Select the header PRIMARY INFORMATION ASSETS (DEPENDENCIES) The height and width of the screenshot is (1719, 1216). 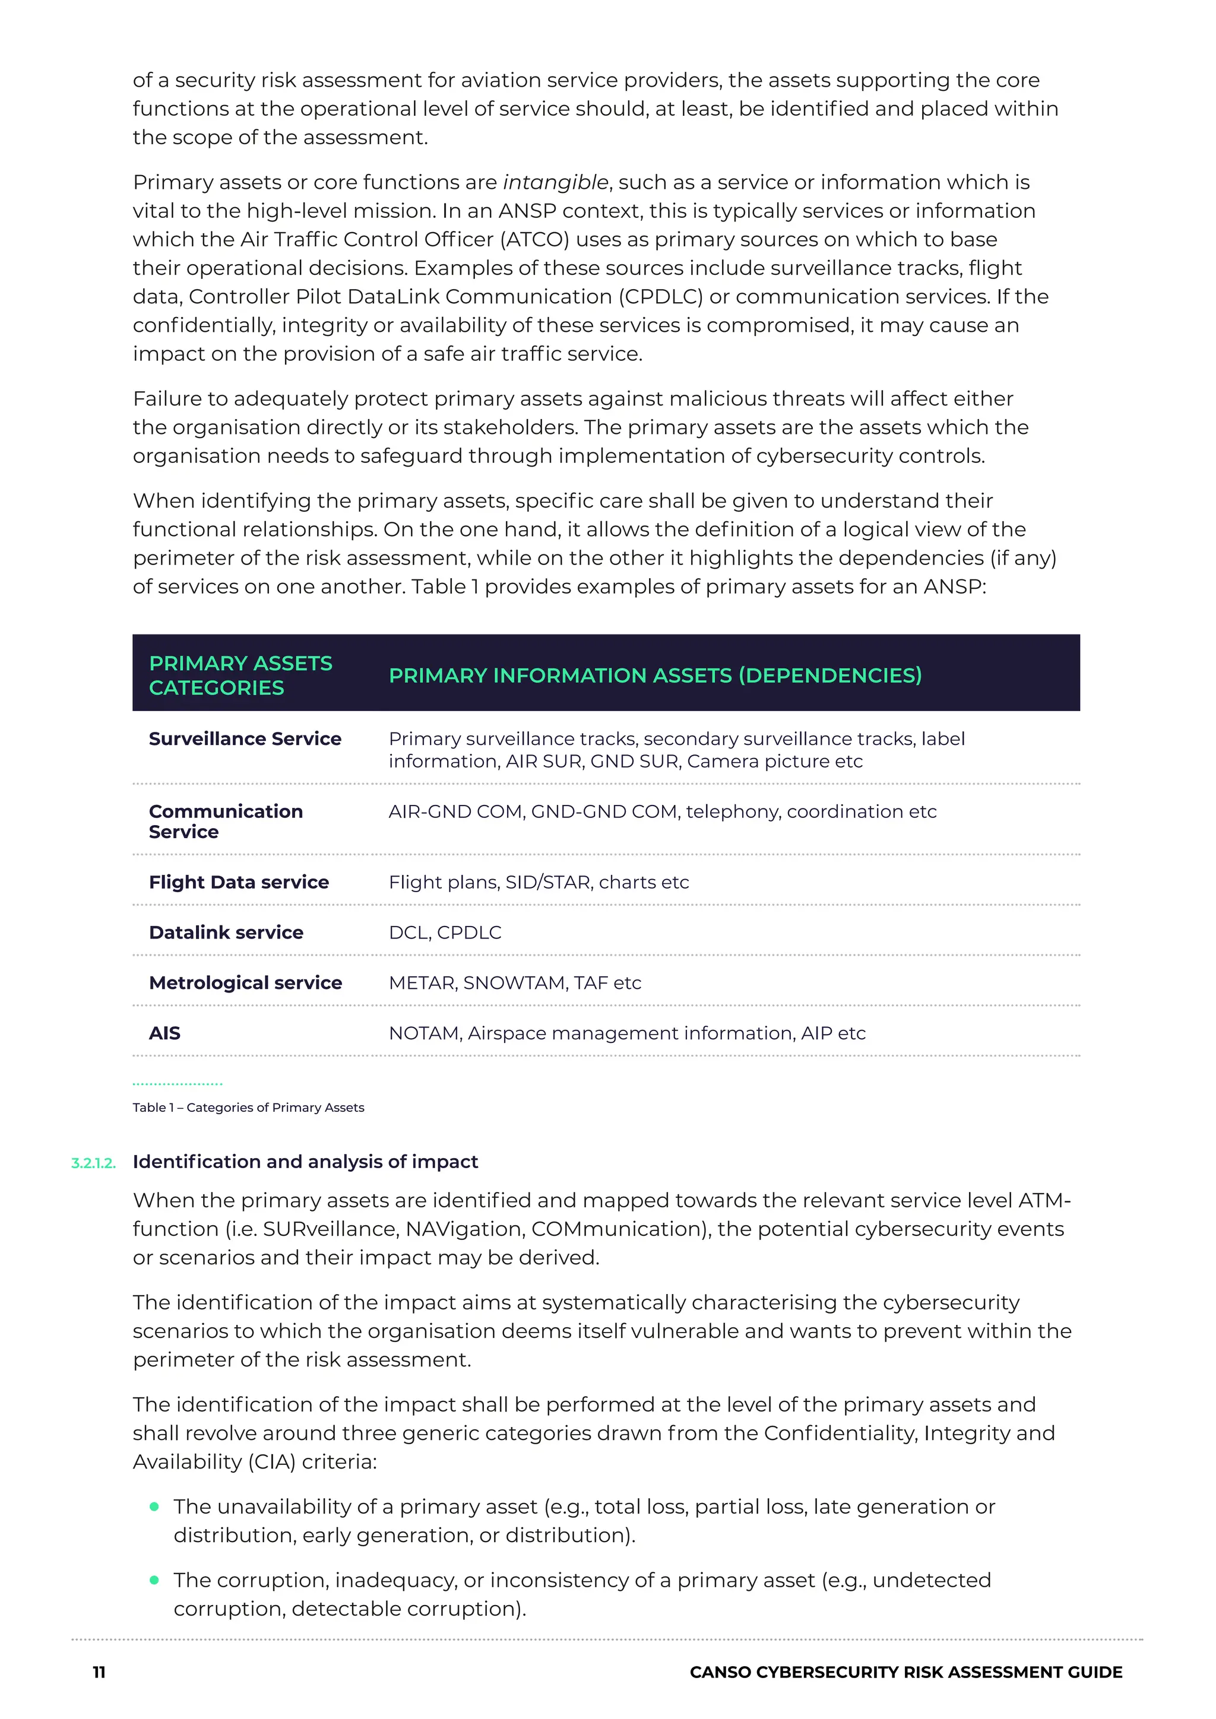click(655, 675)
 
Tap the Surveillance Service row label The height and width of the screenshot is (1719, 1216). click(245, 739)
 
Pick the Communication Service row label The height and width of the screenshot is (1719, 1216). click(226, 822)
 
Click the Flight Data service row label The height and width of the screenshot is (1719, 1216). click(239, 882)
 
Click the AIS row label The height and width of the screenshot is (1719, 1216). click(164, 1033)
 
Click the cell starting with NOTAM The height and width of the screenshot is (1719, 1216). click(627, 1033)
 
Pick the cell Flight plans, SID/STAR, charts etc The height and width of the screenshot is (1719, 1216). click(539, 882)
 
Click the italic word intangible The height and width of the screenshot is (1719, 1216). click(555, 183)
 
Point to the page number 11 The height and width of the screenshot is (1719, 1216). click(99, 1673)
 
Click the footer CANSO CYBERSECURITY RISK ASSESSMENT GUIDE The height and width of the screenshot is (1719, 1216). click(906, 1673)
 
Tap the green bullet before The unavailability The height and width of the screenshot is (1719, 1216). click(154, 1506)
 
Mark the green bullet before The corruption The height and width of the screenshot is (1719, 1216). click(154, 1580)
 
